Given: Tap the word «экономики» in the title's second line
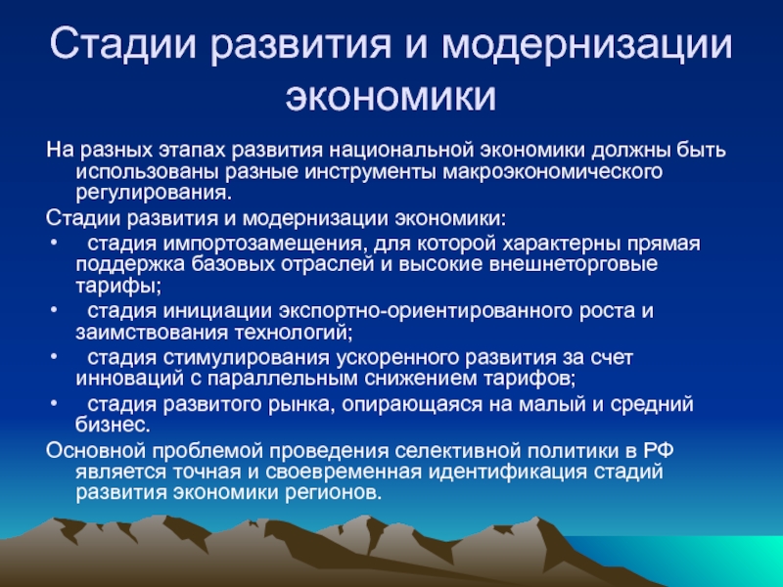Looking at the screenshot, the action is click(x=391, y=97).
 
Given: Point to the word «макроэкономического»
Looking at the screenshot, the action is click(x=553, y=172).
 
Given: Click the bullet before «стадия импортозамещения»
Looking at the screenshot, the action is click(x=54, y=244).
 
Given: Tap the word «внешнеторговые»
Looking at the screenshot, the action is click(x=574, y=264).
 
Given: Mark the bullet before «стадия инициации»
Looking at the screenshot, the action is click(x=54, y=310).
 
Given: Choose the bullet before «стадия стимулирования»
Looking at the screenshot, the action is click(x=54, y=357).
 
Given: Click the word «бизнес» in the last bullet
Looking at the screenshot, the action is click(x=110, y=425).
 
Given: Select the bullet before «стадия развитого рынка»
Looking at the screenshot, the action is click(x=54, y=403).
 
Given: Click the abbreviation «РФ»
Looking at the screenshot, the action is click(x=658, y=451).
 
